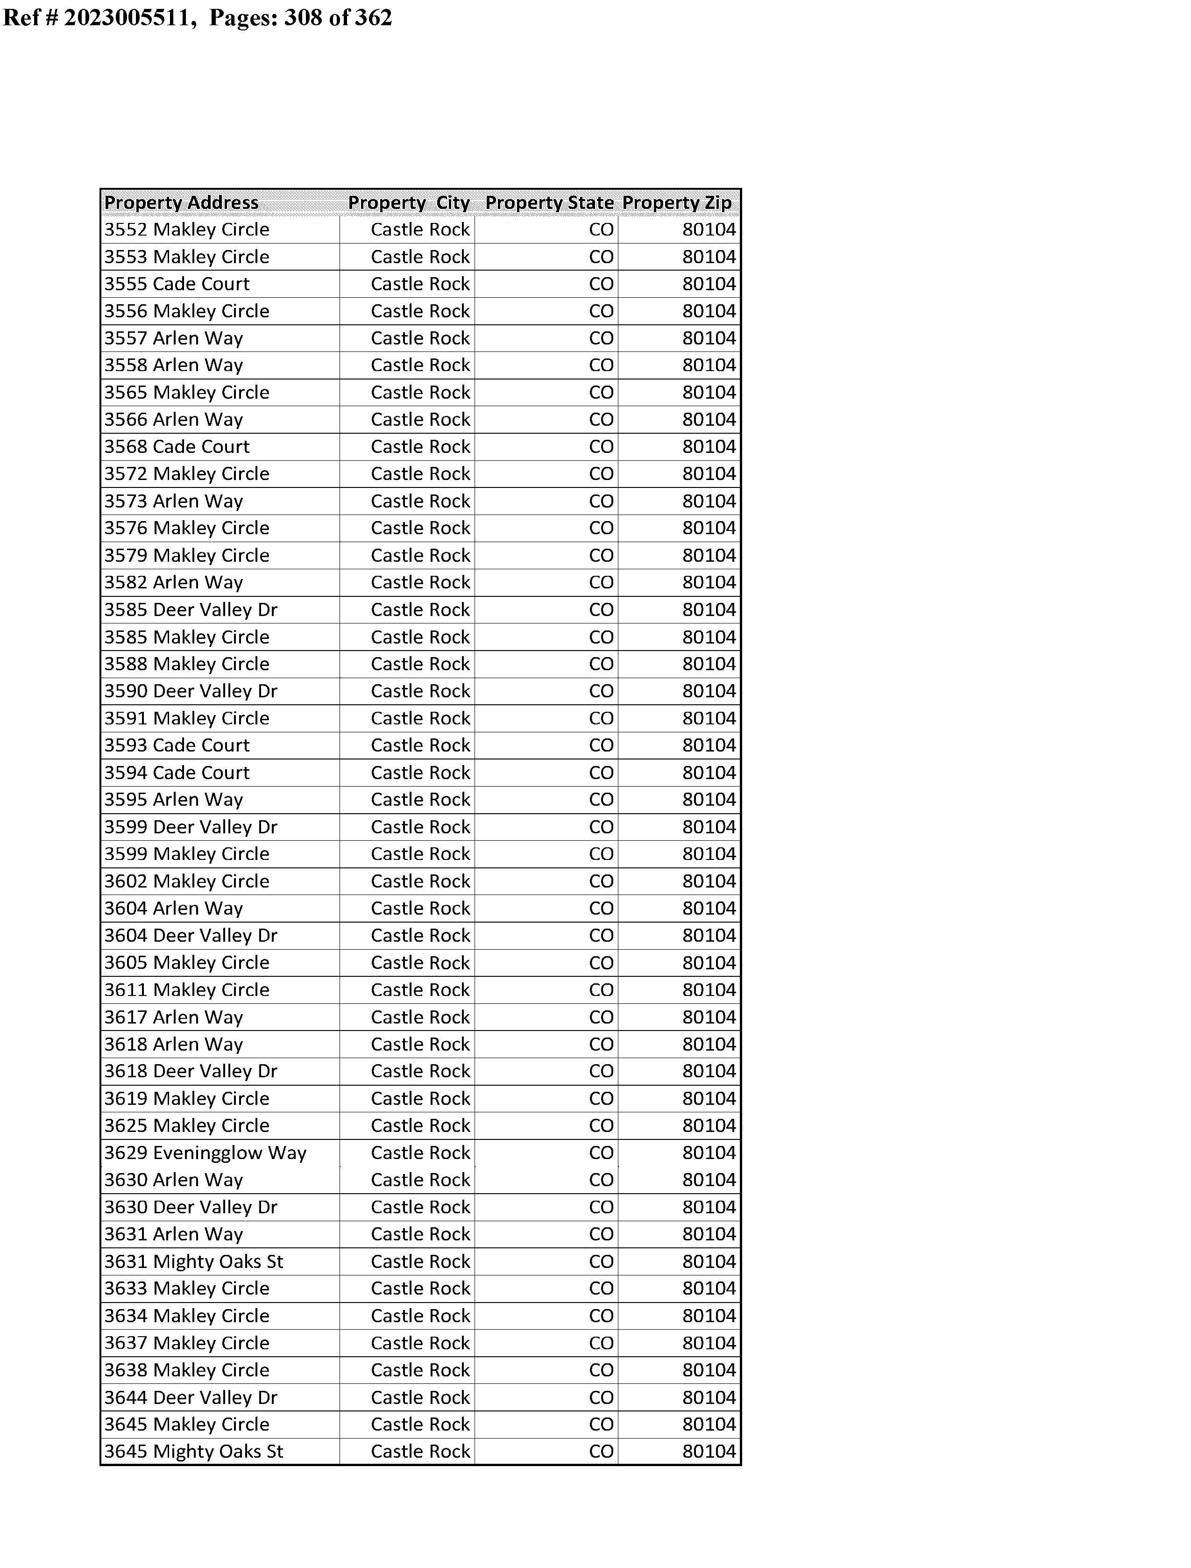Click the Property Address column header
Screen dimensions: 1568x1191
click(182, 203)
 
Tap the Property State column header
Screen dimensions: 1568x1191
click(549, 203)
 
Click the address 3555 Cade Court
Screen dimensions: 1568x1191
click(177, 284)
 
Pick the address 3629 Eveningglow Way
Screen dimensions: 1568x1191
click(206, 1153)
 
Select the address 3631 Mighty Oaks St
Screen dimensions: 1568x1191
click(193, 1261)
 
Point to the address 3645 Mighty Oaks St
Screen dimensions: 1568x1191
click(193, 1452)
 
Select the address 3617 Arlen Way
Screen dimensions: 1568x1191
click(174, 1017)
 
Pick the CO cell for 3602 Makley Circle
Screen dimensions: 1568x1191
click(601, 881)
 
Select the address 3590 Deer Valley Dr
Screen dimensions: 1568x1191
click(191, 691)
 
